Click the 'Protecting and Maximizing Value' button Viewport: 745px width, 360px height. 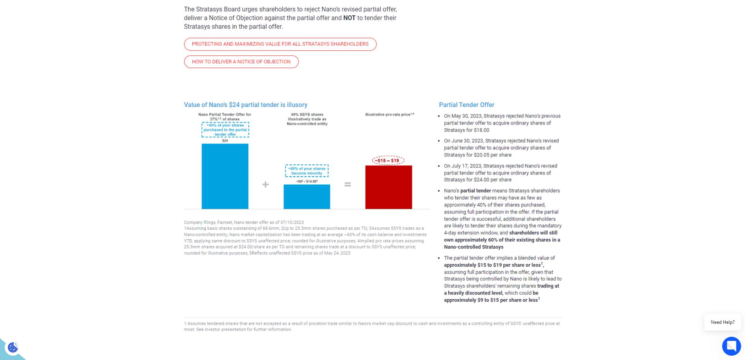point(280,44)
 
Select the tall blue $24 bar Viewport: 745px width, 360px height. point(225,176)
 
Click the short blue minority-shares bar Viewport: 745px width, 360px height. point(307,197)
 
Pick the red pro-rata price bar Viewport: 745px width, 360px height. point(388,187)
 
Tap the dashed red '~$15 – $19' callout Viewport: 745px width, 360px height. point(388,160)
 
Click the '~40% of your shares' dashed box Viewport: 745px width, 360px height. point(225,130)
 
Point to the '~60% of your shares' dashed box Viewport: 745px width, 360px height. point(307,171)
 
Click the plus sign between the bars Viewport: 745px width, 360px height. point(266,184)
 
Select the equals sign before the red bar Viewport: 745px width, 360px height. point(347,184)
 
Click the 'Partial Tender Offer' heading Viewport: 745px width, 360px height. point(466,105)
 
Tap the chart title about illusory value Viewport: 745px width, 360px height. point(245,105)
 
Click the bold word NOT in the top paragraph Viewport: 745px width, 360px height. point(349,18)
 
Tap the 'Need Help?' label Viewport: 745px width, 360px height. point(722,322)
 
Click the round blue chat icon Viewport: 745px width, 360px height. point(731,346)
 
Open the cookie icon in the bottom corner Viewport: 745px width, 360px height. point(13,347)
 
